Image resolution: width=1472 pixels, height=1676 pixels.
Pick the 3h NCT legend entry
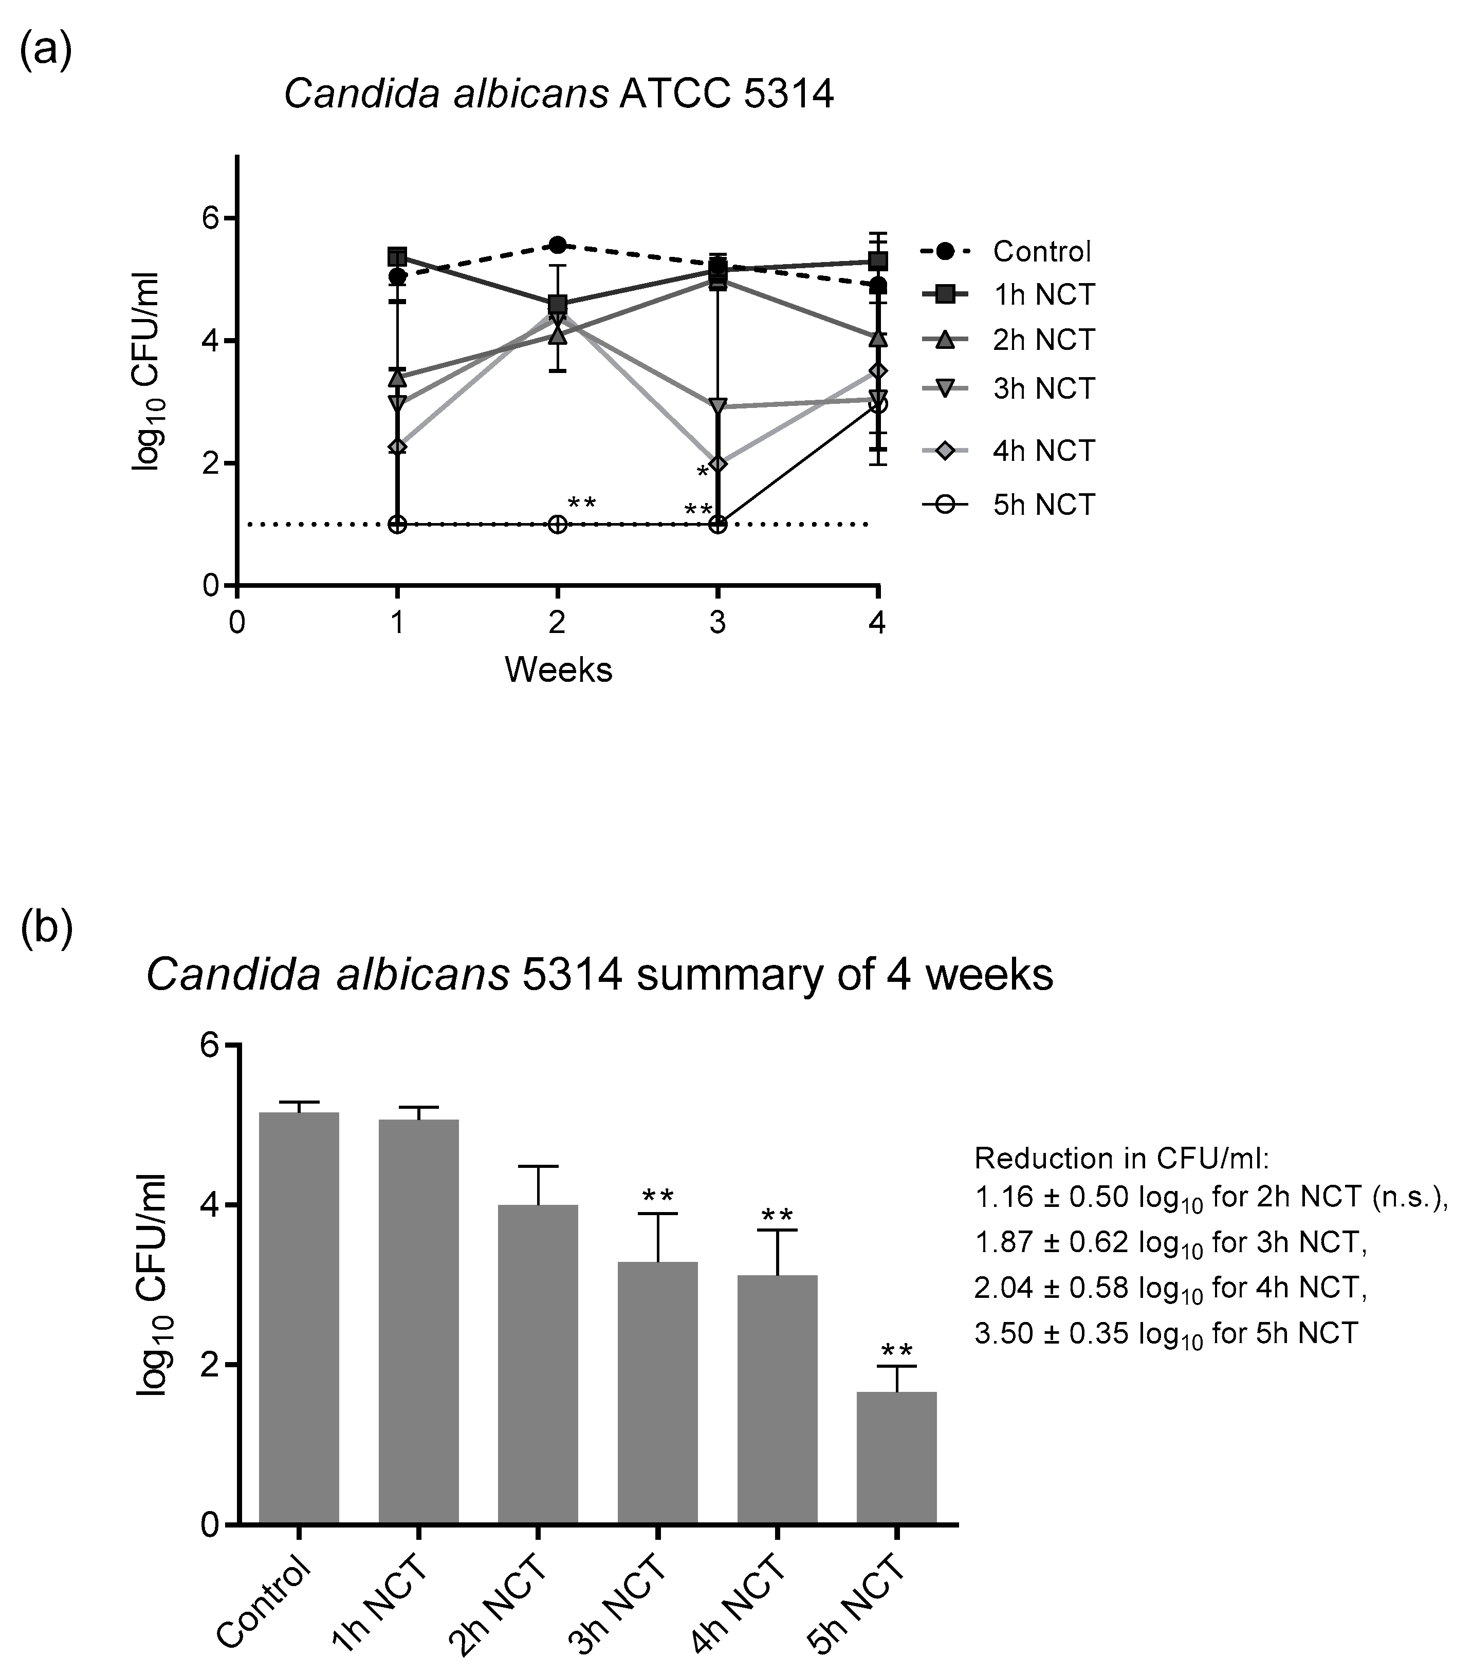pos(1043,388)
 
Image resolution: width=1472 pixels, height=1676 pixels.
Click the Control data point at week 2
pos(558,245)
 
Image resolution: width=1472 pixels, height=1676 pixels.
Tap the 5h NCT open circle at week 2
pos(558,524)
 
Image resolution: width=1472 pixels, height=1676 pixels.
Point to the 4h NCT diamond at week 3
pos(717,464)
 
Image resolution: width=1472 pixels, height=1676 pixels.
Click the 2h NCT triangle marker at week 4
pos(877,338)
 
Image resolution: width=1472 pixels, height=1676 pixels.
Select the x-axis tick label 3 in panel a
pos(717,624)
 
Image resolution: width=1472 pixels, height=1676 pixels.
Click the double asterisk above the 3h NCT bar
pos(658,1196)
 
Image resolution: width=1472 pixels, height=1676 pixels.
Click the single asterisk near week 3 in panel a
pos(702,472)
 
